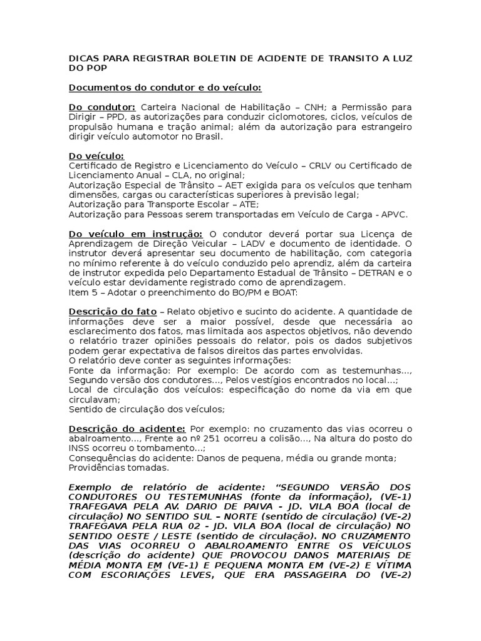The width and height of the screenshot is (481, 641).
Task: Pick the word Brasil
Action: (207, 137)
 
